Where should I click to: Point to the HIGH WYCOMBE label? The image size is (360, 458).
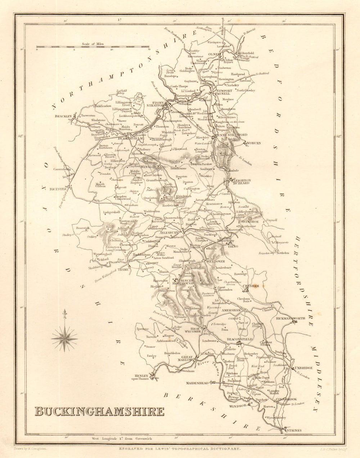click(195, 330)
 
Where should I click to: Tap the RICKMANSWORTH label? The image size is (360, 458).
click(291, 318)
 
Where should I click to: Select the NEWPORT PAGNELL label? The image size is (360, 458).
click(225, 92)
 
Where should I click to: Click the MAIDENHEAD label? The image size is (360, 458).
click(198, 384)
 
